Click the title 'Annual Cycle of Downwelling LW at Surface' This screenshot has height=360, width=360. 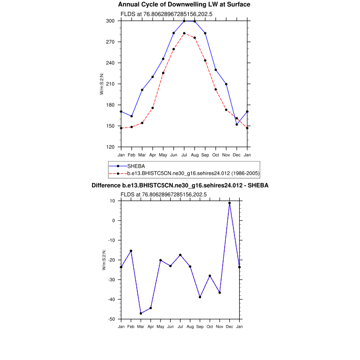(x=184, y=5)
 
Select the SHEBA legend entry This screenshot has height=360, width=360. (x=136, y=166)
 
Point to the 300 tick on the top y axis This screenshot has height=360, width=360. (x=111, y=21)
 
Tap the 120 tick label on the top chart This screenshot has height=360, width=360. (x=111, y=147)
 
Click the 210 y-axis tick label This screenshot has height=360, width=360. (x=111, y=84)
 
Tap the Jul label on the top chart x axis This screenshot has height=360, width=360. (x=184, y=155)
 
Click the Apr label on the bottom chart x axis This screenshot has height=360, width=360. (x=151, y=327)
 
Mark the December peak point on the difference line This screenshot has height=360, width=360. (x=229, y=203)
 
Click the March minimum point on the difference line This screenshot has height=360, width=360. (x=141, y=313)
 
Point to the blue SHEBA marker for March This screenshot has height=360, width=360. (x=142, y=90)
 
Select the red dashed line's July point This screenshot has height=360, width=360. (x=184, y=33)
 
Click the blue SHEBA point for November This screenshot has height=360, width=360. (x=226, y=84)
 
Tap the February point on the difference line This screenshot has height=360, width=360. (x=131, y=251)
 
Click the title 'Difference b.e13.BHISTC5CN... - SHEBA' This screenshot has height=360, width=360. (x=180, y=185)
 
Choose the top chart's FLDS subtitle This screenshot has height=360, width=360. (x=163, y=14)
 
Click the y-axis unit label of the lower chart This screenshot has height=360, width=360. (x=104, y=260)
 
